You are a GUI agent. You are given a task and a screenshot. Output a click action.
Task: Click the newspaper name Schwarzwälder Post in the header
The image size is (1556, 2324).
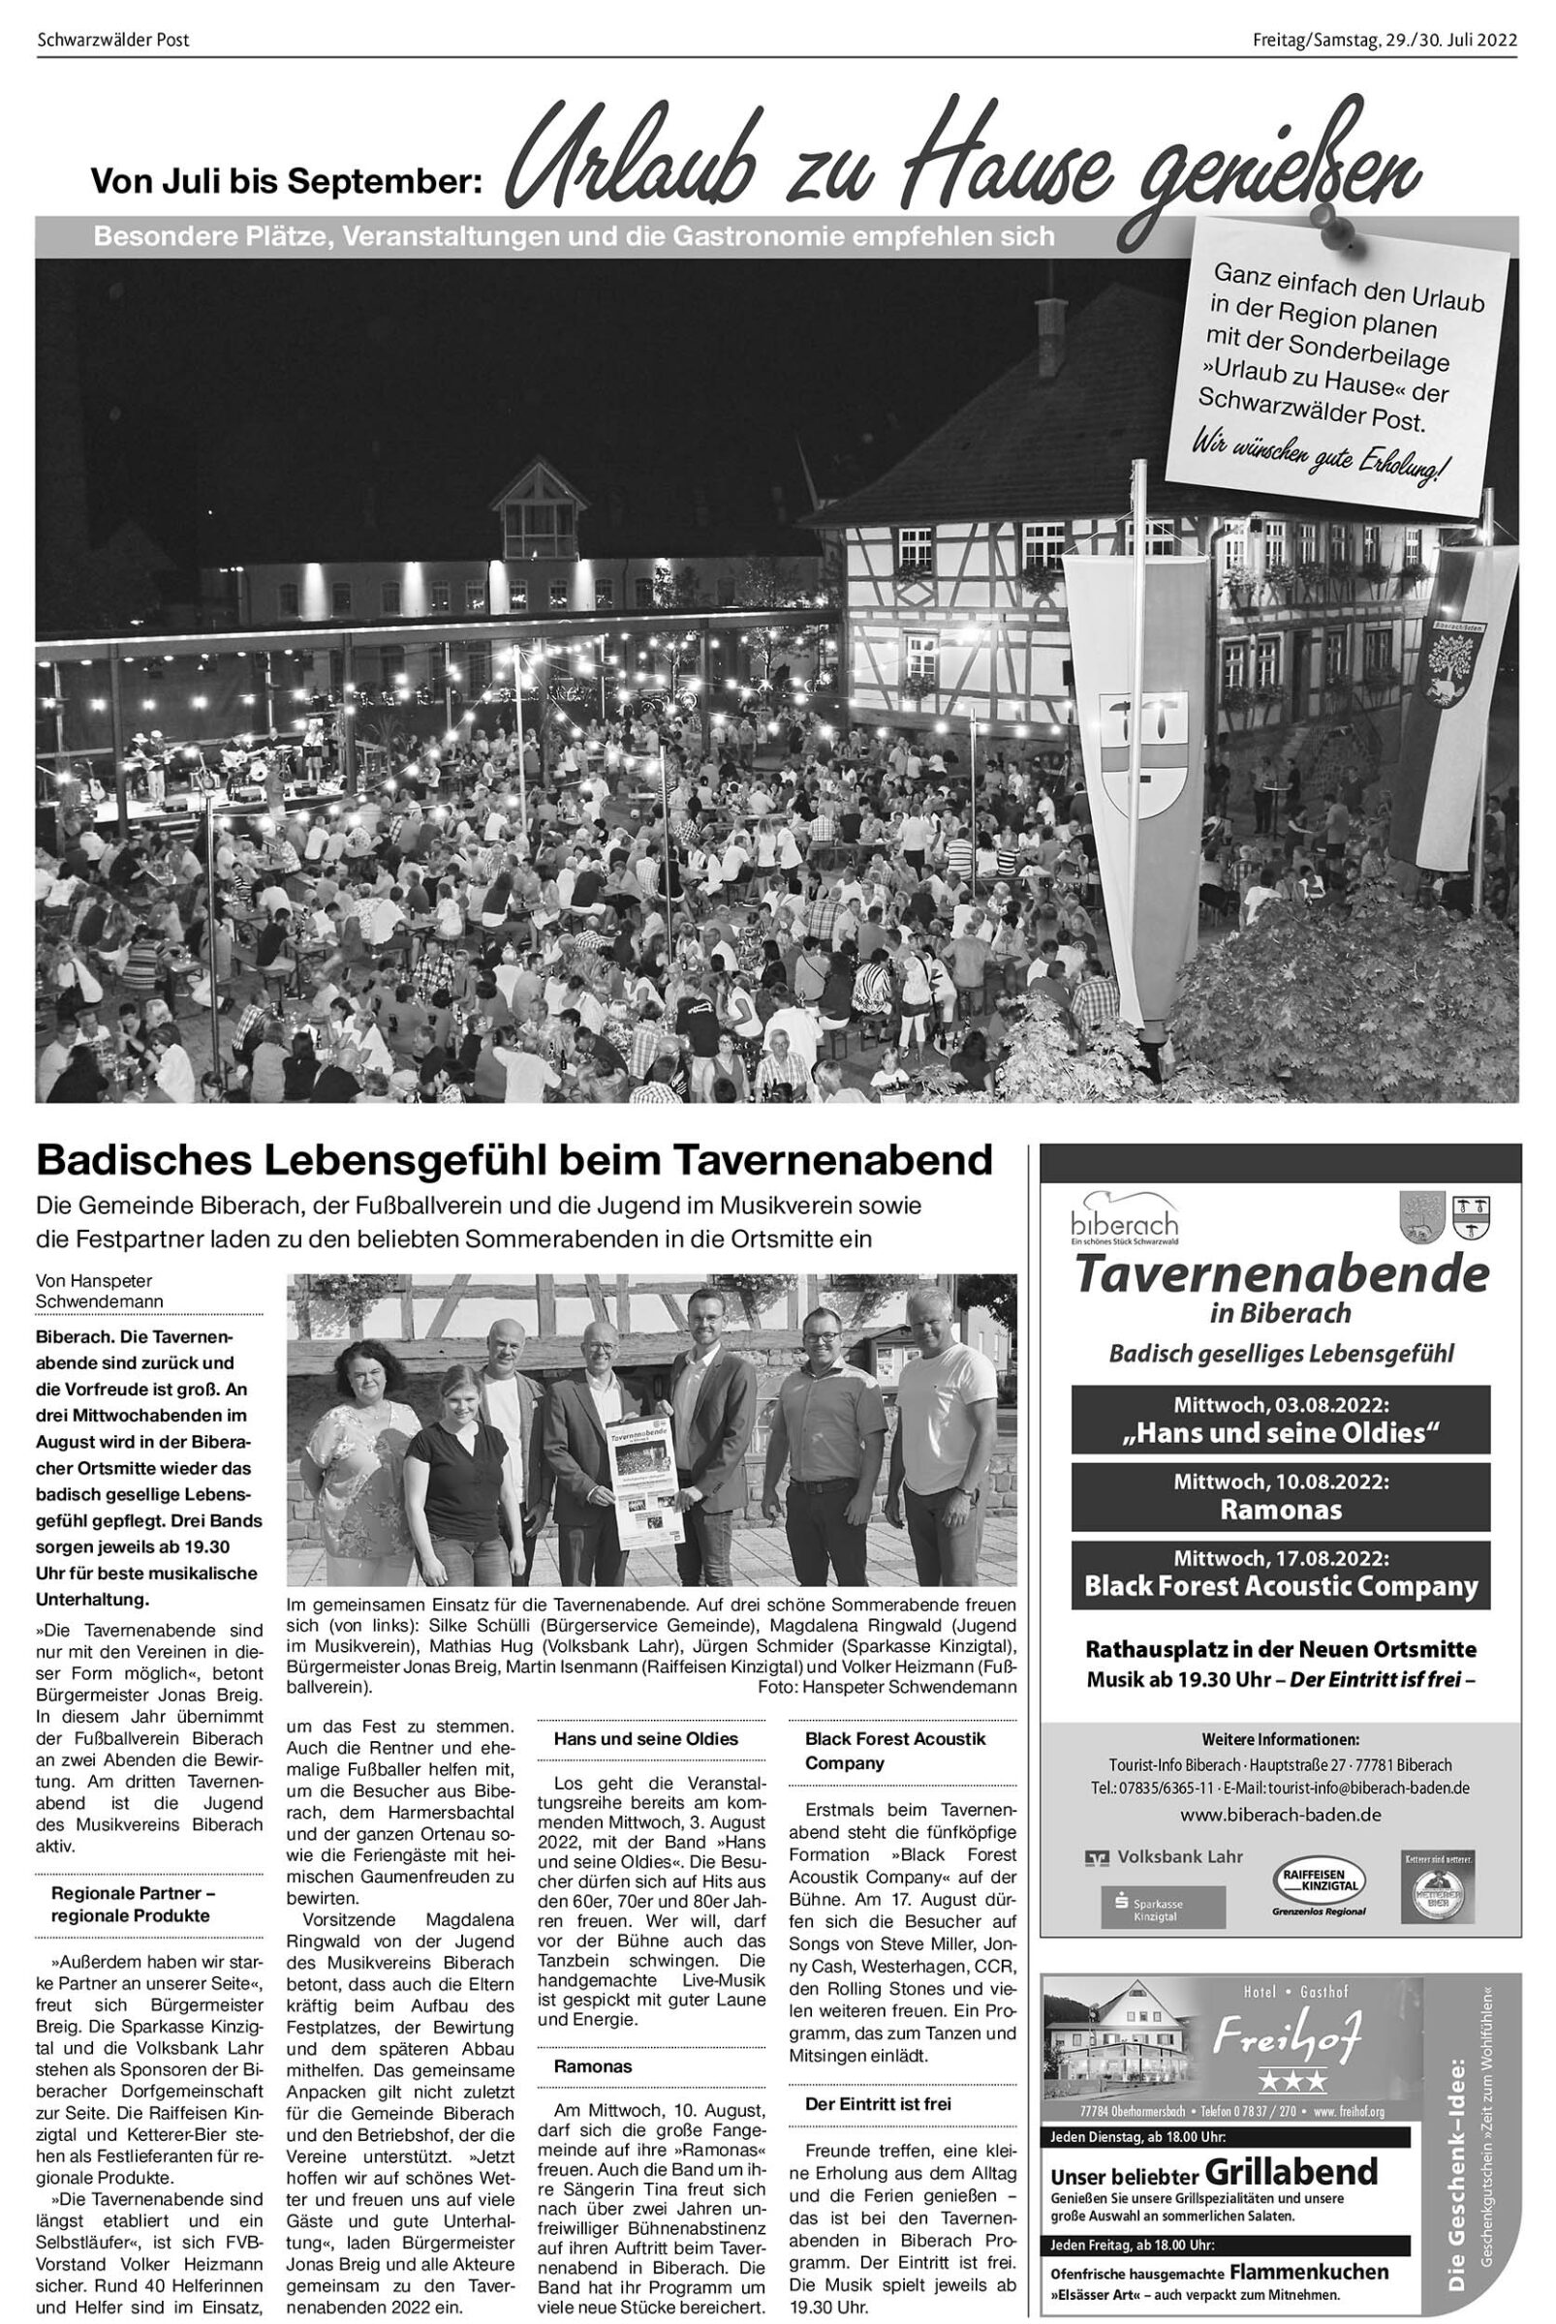click(112, 41)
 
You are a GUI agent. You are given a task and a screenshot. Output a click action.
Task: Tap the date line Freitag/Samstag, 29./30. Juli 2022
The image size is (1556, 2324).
click(1385, 41)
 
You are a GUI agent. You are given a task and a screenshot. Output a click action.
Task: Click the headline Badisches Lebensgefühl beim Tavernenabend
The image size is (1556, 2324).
click(514, 1158)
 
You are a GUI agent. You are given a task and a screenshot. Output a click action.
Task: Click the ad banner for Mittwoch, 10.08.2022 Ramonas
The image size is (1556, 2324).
click(1280, 1495)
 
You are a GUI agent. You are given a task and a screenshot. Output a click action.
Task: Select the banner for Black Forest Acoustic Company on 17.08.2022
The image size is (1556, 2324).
click(1280, 1574)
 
